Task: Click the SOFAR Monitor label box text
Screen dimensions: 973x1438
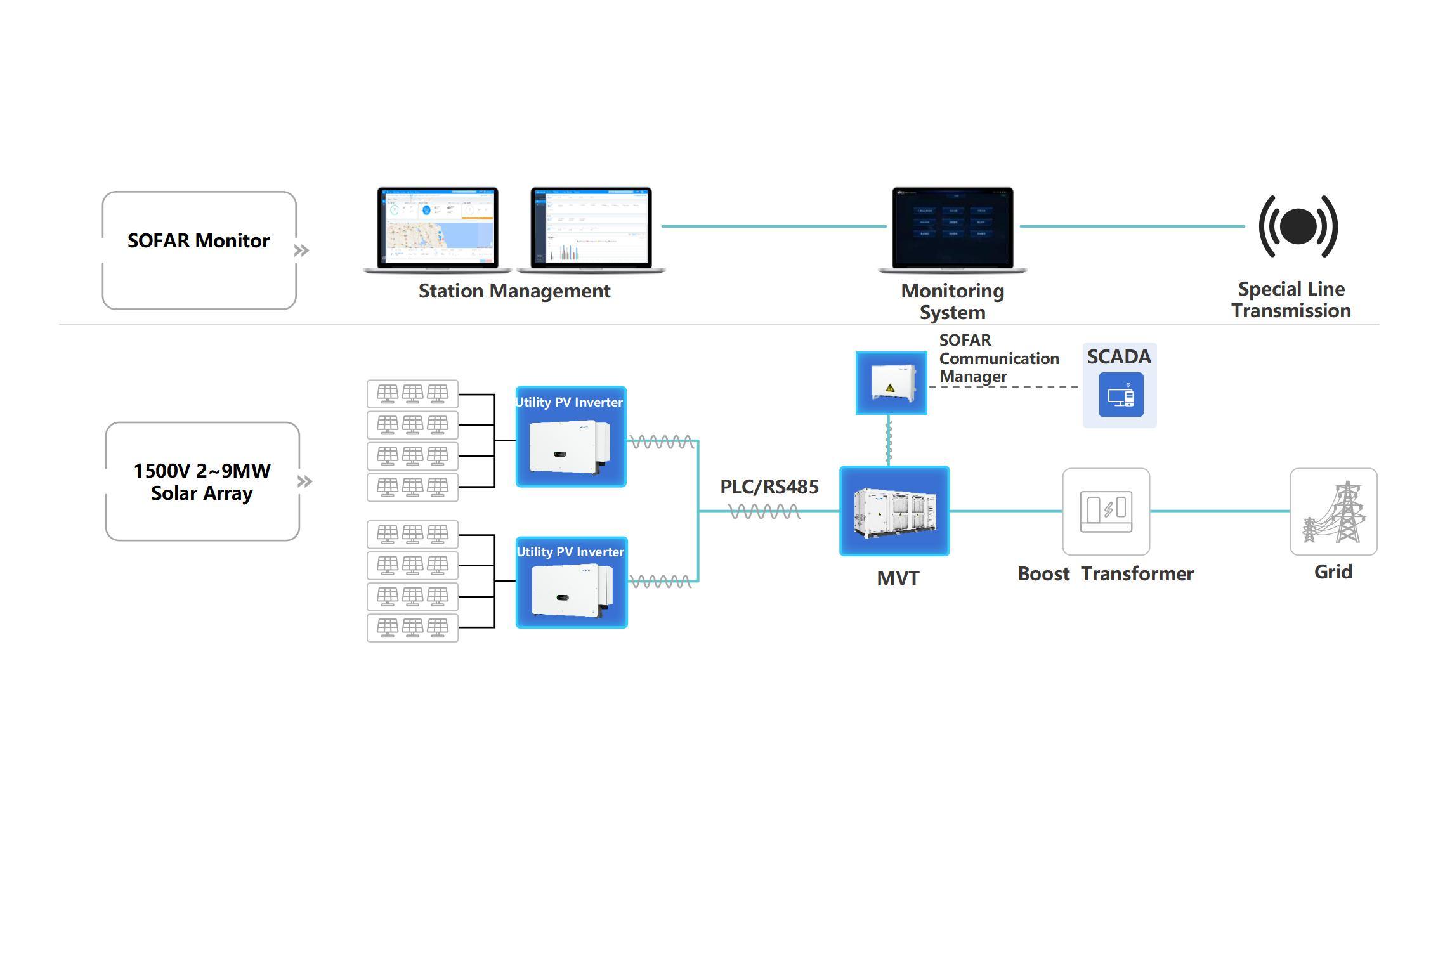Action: point(199,241)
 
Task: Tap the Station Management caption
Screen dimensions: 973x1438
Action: point(514,291)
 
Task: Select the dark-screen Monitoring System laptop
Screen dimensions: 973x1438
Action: point(952,229)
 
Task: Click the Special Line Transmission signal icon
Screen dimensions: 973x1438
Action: point(1298,226)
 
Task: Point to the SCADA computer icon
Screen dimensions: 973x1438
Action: point(1121,395)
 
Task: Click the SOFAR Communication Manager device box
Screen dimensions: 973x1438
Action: point(891,383)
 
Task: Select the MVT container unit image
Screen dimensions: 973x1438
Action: point(894,511)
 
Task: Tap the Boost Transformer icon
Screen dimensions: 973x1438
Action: point(1106,511)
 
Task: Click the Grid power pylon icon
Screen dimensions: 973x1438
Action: point(1333,511)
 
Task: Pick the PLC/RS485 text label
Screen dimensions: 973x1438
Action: point(769,487)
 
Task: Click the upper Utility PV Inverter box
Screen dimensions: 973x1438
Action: point(571,437)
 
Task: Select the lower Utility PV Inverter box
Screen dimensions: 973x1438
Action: point(572,583)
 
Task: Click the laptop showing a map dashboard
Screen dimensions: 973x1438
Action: point(438,229)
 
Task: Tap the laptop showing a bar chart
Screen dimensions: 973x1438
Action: point(591,229)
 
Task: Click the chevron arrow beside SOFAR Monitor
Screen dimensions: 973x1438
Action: point(302,251)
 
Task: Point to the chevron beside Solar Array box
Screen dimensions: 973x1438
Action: point(305,481)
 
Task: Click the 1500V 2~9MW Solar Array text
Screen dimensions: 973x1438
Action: point(202,482)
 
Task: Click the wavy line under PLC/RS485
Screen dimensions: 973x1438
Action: point(764,511)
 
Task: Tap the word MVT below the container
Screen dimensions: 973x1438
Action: point(898,578)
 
